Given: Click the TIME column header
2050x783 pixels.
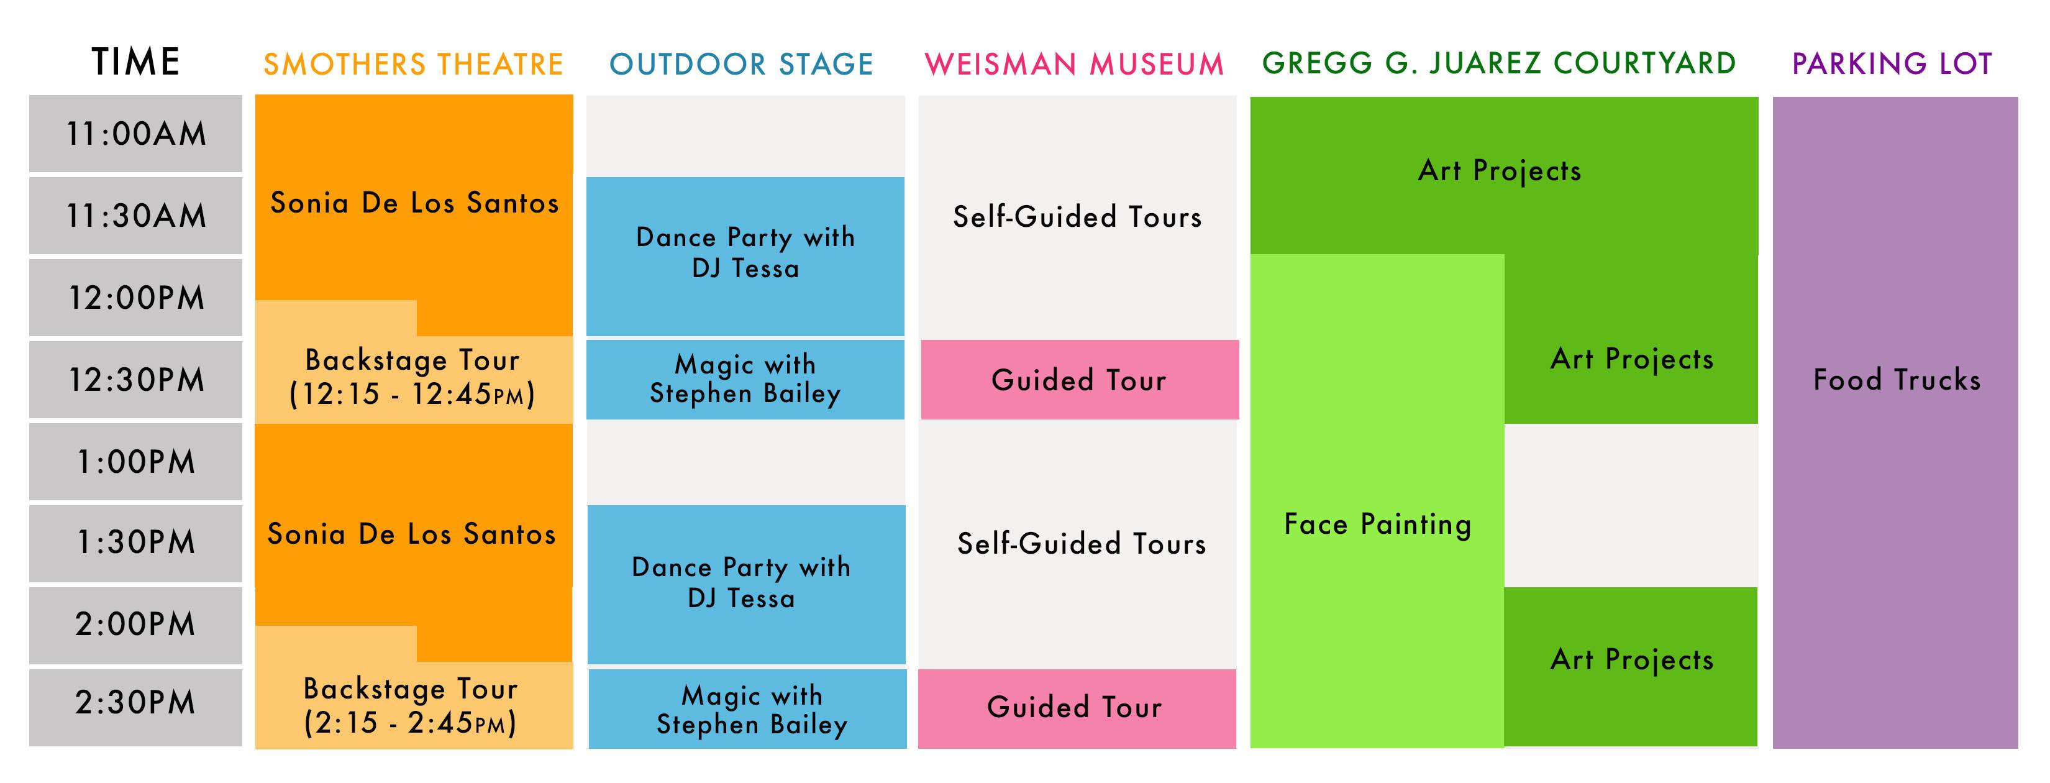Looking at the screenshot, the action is coord(136,62).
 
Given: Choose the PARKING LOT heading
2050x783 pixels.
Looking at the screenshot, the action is coord(1892,63).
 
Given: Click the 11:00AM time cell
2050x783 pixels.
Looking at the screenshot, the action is coord(136,134).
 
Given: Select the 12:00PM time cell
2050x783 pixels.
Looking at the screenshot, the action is coord(136,298).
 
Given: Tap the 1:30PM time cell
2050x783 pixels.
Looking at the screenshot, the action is coord(136,543).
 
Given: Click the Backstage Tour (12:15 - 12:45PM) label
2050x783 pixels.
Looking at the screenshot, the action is coord(412,377).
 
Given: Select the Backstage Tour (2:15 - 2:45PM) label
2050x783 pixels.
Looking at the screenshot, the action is coord(411,706).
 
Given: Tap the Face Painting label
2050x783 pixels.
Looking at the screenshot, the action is coord(1378,525).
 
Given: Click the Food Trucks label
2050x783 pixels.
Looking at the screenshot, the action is coord(1897,380).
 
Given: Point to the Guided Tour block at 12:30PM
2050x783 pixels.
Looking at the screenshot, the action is coord(1080,380).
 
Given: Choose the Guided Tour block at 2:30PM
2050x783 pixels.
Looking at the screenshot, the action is coord(1077,708).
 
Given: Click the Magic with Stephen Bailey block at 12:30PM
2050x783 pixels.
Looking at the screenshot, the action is coord(745,380).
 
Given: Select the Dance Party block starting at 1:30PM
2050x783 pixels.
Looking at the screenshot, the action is coord(747,584).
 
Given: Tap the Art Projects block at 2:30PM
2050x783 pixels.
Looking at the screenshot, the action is coord(1631,667).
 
